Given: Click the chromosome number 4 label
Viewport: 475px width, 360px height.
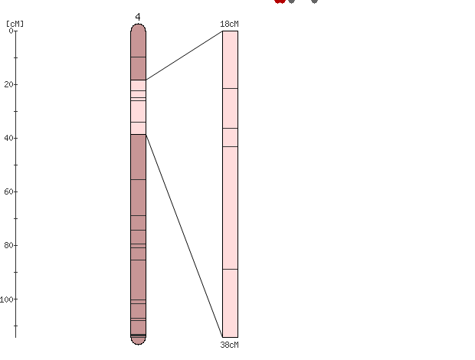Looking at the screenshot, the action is point(138,17).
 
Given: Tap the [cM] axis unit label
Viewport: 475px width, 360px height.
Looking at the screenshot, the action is point(15,24).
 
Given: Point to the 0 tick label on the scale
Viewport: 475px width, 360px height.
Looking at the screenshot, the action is point(11,31).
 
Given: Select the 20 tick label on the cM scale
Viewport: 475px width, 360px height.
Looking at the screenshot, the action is point(8,84).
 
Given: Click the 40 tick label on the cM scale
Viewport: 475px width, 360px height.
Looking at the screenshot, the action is point(8,138).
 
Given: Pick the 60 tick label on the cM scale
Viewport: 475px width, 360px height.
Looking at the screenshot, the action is point(8,191).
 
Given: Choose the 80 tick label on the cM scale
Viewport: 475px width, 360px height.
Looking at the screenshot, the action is point(8,245).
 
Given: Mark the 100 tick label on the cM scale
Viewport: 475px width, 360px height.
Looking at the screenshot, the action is point(7,299).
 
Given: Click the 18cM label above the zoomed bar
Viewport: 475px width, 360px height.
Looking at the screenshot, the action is point(229,24).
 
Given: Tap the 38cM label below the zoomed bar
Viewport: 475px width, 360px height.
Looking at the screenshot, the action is point(229,345).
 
